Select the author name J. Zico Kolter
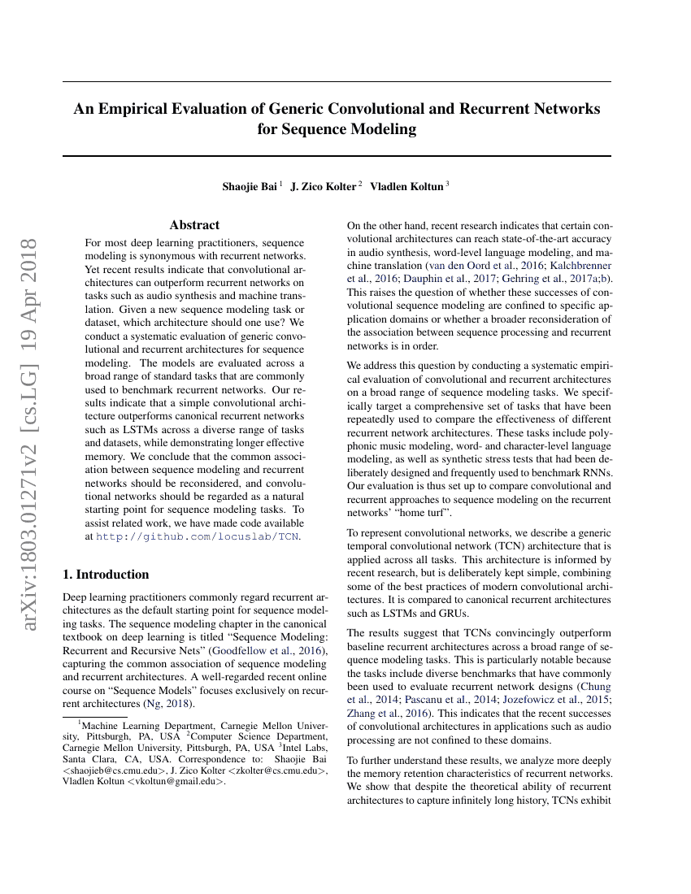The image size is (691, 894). [x=324, y=186]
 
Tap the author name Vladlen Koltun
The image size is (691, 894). [x=406, y=186]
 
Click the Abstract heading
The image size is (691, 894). [x=194, y=225]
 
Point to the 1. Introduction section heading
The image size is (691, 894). [x=106, y=575]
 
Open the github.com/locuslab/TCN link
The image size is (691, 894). [x=198, y=536]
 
